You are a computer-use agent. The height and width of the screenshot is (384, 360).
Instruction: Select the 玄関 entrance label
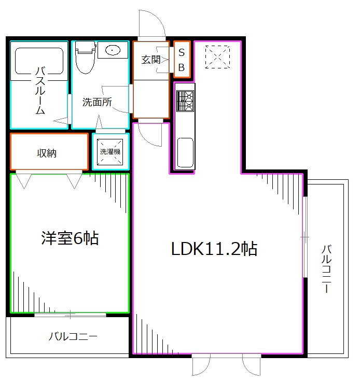click(x=150, y=60)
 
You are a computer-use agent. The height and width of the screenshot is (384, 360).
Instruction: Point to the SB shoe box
click(x=182, y=59)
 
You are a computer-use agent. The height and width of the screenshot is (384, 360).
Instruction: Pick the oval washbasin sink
click(x=113, y=50)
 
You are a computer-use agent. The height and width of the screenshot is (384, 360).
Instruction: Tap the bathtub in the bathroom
click(x=38, y=61)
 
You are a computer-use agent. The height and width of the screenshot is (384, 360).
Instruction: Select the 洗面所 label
click(x=97, y=102)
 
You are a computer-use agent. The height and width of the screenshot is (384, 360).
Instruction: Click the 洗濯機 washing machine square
click(x=110, y=152)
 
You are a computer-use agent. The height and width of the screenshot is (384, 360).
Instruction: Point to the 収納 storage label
click(x=47, y=153)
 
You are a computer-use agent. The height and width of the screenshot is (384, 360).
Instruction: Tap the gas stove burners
click(x=185, y=101)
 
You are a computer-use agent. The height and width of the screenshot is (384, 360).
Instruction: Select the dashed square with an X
click(x=217, y=56)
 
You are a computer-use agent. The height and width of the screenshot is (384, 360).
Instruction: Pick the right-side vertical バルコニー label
click(x=326, y=268)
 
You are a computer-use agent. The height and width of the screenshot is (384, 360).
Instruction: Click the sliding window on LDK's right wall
click(x=304, y=236)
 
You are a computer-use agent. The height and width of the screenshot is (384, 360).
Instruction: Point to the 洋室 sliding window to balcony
click(x=71, y=314)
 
